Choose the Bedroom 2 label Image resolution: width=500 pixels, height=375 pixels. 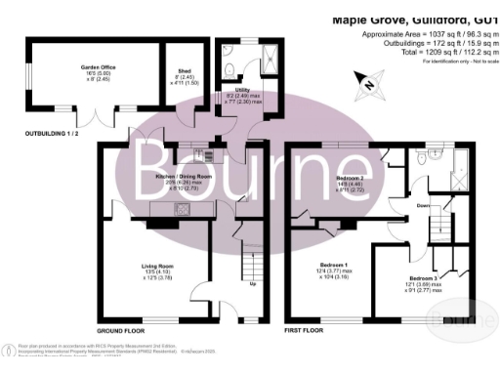tap(351, 180)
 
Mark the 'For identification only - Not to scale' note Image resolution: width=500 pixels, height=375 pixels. tap(454, 62)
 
